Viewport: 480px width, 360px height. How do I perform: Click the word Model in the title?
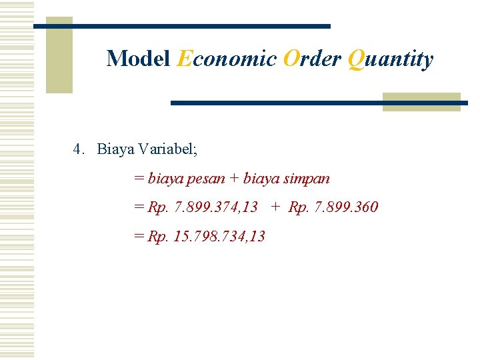pos(138,59)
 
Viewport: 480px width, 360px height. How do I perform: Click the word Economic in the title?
pos(227,59)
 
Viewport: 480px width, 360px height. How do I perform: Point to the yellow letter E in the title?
pos(184,59)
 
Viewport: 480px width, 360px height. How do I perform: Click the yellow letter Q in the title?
pos(355,59)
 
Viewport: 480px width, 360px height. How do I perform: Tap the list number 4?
pos(78,149)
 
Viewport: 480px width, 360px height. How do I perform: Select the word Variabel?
pos(168,149)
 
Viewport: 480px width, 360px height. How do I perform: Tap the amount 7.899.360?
pos(342,207)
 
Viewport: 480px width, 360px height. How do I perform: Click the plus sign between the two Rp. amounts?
pos(275,207)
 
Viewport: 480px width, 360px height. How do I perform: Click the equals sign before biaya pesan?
pos(139,179)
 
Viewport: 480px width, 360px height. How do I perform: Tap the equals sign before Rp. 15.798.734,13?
pos(139,236)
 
